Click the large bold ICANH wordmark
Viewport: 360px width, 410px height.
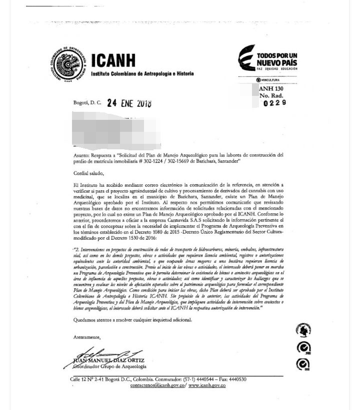click(113, 61)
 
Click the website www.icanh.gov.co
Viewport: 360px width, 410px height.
click(207, 386)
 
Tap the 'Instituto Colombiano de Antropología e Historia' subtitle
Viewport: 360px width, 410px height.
click(142, 73)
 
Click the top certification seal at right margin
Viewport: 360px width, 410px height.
click(303, 330)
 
